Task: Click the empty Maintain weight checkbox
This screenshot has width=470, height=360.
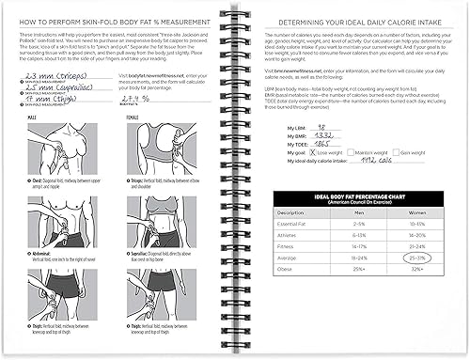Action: coord(353,153)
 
